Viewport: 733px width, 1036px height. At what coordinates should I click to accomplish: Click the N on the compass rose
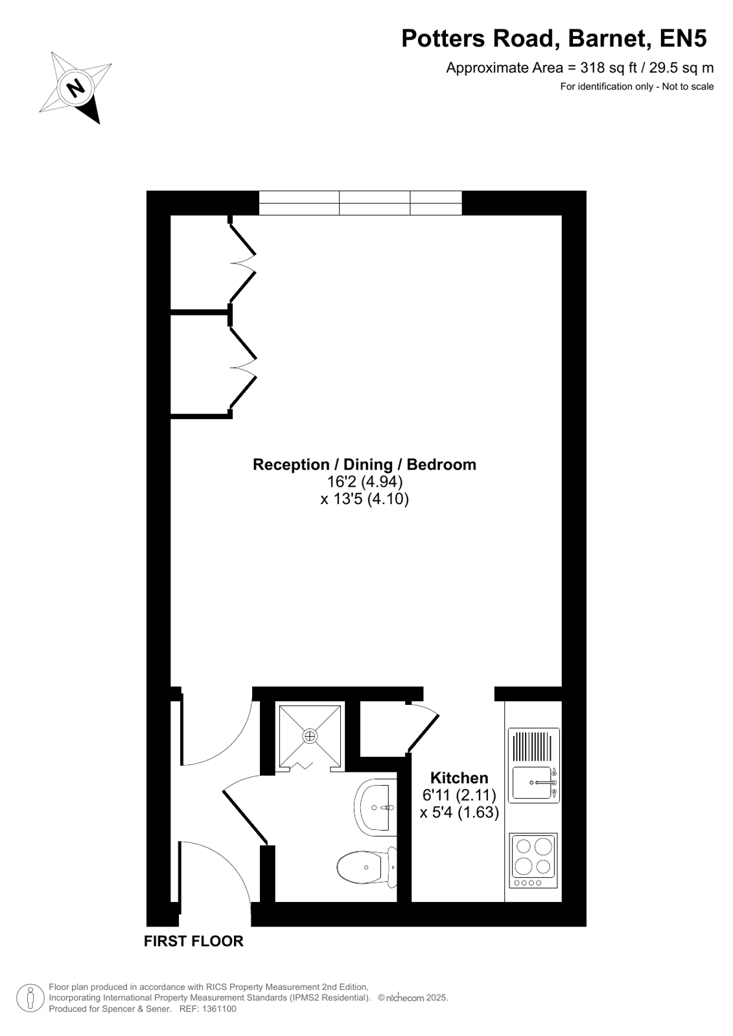pyautogui.click(x=76, y=87)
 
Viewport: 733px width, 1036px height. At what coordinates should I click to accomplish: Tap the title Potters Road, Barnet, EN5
pyautogui.click(x=554, y=38)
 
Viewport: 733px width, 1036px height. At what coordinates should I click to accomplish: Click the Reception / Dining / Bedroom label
pyautogui.click(x=364, y=465)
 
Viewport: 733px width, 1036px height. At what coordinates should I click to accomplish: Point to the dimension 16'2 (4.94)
pyautogui.click(x=365, y=482)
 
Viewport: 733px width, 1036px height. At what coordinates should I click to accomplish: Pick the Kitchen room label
pyautogui.click(x=459, y=778)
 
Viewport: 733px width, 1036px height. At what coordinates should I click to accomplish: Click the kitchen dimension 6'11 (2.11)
pyautogui.click(x=459, y=795)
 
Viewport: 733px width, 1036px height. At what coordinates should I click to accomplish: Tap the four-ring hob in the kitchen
pyautogui.click(x=533, y=860)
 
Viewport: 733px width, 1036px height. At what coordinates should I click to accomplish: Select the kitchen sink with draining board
pyautogui.click(x=533, y=765)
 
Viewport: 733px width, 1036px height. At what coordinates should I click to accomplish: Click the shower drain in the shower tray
pyautogui.click(x=310, y=736)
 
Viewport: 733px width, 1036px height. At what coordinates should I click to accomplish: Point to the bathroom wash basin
pyautogui.click(x=375, y=807)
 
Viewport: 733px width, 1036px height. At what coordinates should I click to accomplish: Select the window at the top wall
pyautogui.click(x=360, y=203)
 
